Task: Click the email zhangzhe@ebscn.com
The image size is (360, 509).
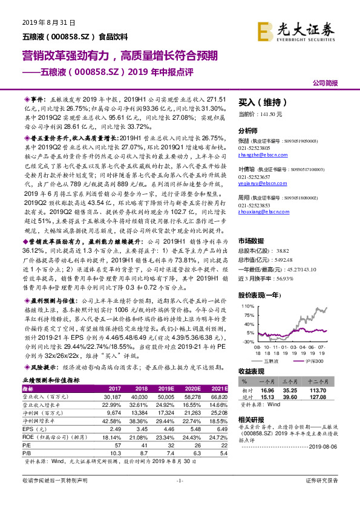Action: [256, 155]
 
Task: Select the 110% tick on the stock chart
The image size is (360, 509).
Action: [248, 306]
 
